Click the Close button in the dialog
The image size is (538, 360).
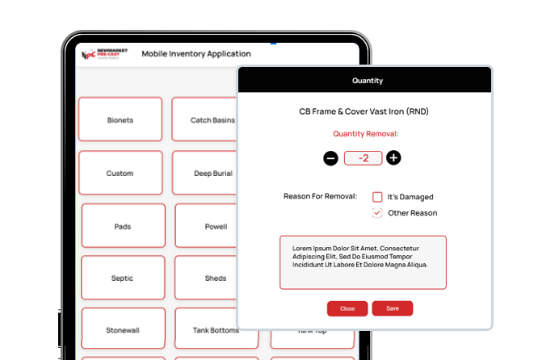pos(347,308)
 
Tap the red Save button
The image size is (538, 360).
pos(392,308)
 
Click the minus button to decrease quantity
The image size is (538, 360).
pos(330,158)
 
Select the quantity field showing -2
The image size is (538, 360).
pos(363,158)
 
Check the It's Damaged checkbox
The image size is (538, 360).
pos(377,197)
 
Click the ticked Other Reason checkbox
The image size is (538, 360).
pos(377,213)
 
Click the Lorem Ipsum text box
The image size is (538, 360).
pos(363,262)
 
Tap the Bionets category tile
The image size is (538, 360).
pos(120,120)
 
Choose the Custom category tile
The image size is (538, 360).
pos(120,173)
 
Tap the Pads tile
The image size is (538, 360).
pos(123,226)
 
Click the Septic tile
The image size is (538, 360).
pos(123,278)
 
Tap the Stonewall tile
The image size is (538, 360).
pos(123,329)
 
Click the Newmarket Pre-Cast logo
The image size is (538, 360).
pos(102,54)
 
